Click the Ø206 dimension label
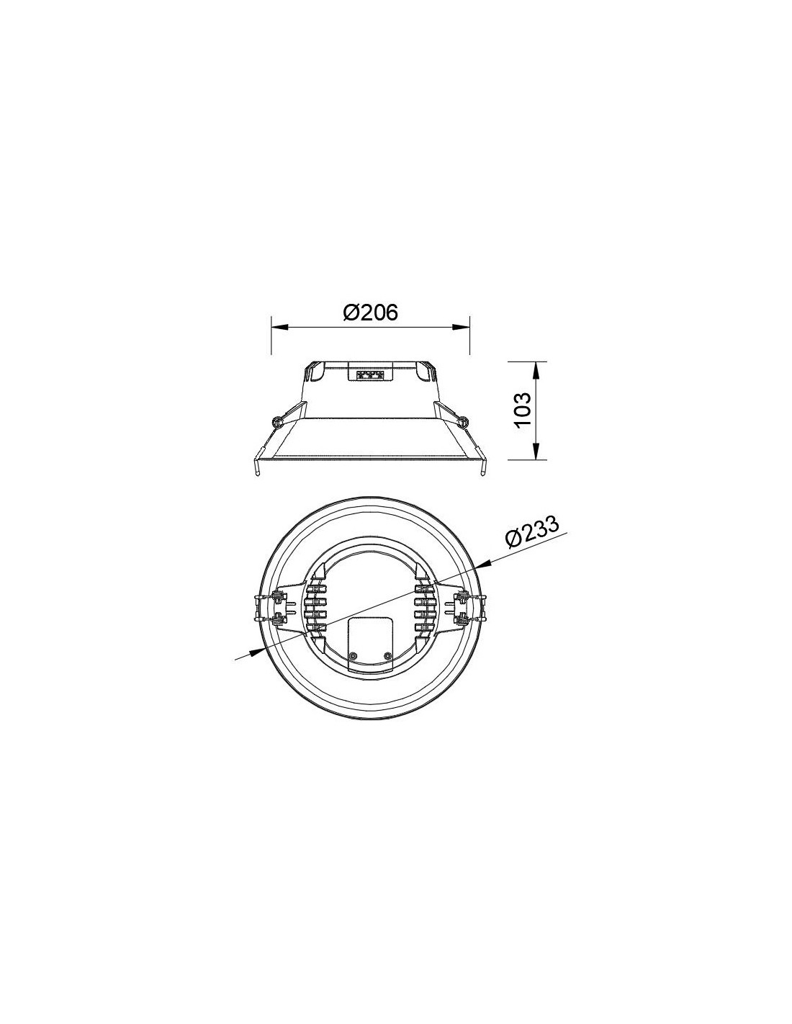click(x=370, y=313)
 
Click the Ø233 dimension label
click(x=532, y=534)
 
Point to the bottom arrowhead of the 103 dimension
click(x=535, y=452)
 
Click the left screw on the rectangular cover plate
click(x=353, y=655)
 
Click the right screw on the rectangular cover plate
click(x=387, y=655)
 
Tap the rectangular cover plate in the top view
click(x=370, y=642)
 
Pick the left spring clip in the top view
click(x=278, y=607)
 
